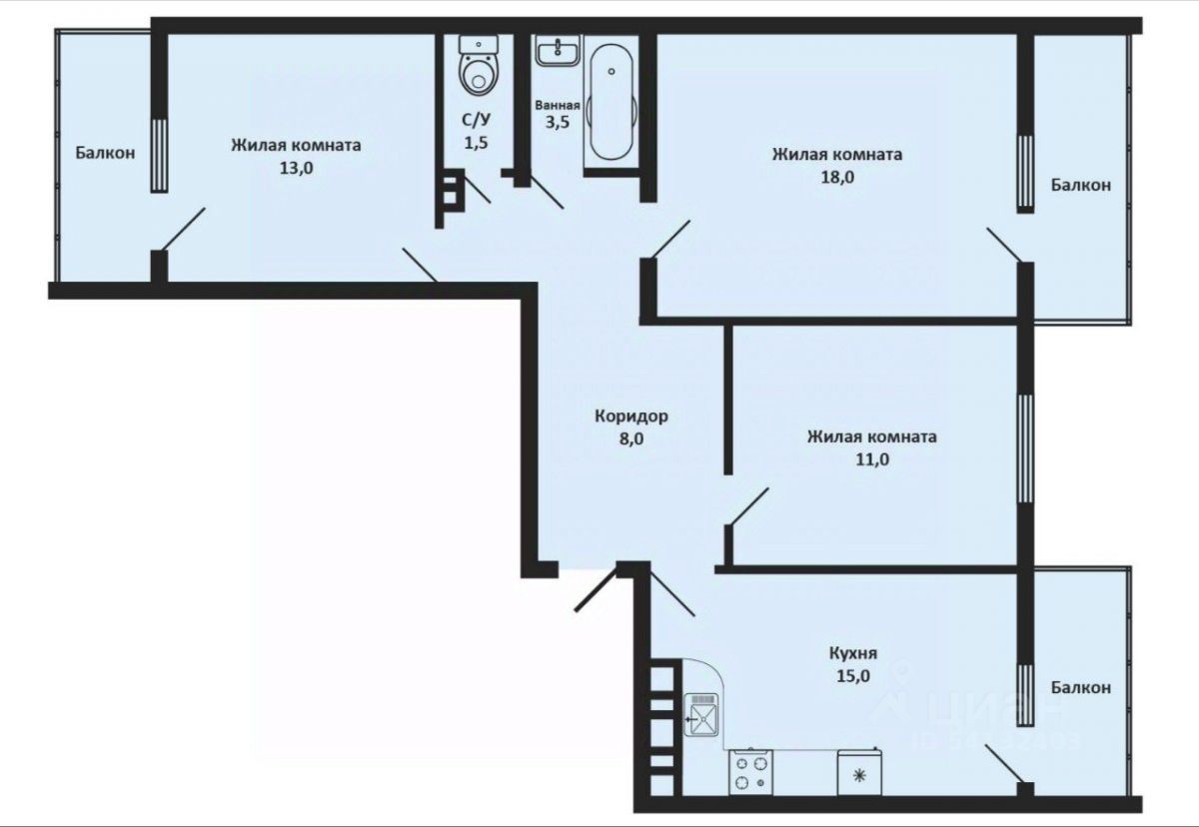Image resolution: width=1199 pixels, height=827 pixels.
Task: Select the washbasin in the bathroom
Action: click(x=557, y=51)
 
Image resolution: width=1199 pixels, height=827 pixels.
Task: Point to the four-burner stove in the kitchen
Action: click(x=751, y=772)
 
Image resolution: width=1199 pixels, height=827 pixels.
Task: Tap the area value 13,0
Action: click(x=296, y=168)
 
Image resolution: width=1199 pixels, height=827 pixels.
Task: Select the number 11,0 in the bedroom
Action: click(x=871, y=459)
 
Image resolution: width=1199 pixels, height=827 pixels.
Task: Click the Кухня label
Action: click(x=852, y=653)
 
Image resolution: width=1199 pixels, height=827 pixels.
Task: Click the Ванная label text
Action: click(x=558, y=105)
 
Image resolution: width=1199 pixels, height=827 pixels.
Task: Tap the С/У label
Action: click(x=476, y=120)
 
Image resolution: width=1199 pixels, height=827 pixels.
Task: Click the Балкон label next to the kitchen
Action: click(x=1080, y=687)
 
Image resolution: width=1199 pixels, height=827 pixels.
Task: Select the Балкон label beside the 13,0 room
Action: click(x=105, y=153)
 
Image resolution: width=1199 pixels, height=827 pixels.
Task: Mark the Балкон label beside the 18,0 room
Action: click(x=1080, y=185)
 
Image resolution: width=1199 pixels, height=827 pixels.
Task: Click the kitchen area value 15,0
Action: click(x=852, y=675)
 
